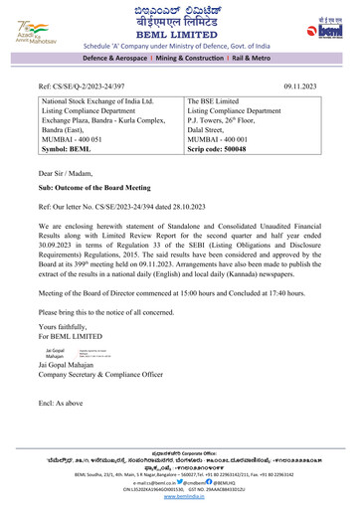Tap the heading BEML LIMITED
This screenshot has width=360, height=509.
click(179, 34)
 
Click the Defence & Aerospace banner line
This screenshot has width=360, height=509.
click(179, 62)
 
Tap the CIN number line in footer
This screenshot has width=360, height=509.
click(179, 493)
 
